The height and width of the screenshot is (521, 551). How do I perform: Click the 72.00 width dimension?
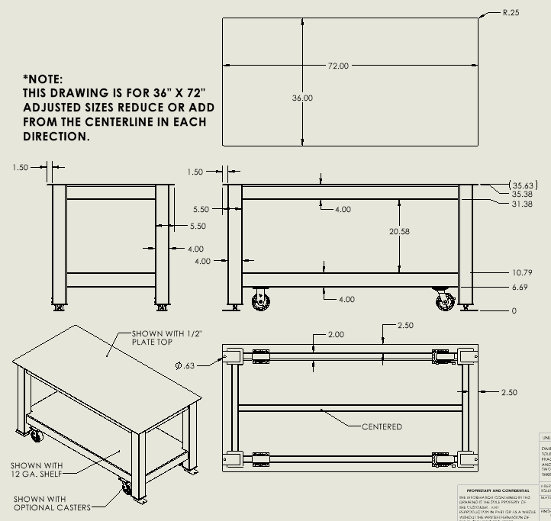[338, 66]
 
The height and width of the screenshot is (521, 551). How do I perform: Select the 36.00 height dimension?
[303, 98]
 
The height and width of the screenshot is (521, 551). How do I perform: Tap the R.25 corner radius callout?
[511, 12]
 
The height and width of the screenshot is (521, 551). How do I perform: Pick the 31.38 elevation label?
[521, 204]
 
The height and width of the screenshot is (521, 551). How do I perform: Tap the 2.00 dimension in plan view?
[336, 335]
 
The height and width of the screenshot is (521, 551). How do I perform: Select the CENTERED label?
[381, 426]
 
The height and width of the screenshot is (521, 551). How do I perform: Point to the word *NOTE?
[43, 79]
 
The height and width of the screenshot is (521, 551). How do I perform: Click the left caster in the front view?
[262, 300]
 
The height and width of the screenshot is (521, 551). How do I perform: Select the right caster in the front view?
[444, 301]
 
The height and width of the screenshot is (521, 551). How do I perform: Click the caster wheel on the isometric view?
[125, 488]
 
